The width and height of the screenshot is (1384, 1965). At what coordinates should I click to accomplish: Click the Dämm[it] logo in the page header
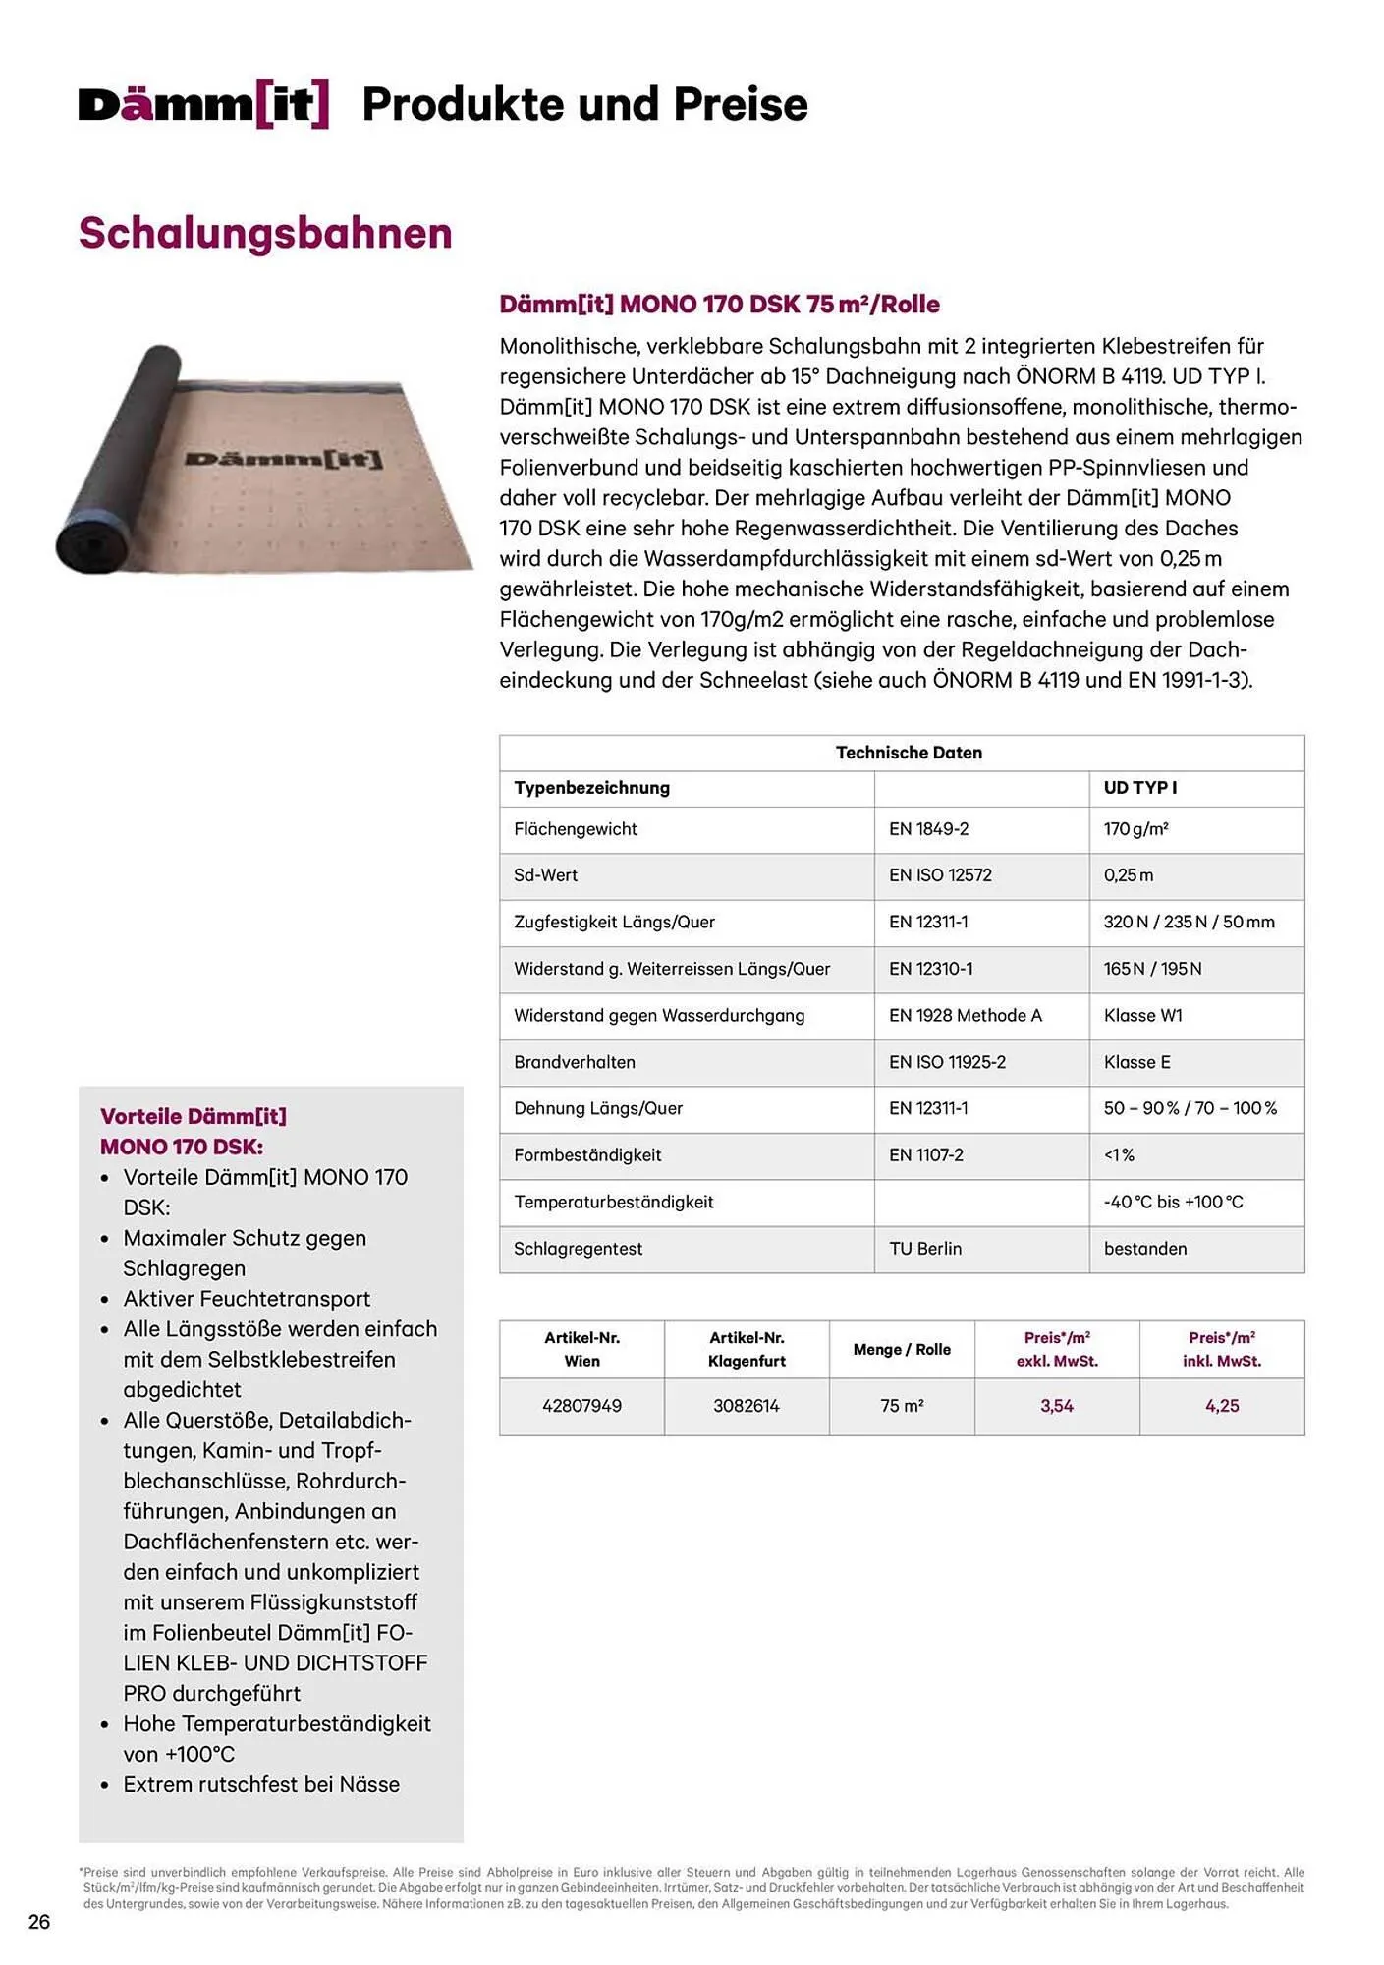(x=203, y=105)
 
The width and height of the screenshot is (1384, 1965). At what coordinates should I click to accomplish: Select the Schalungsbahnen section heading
(x=265, y=234)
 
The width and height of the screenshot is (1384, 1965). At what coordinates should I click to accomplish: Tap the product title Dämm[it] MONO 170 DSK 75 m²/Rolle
(x=719, y=305)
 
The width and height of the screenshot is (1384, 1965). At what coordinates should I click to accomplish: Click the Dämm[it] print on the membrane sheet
(x=284, y=459)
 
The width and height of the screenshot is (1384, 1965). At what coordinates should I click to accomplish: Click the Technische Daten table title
(x=909, y=753)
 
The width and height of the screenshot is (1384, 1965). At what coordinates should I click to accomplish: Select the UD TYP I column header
(x=1139, y=788)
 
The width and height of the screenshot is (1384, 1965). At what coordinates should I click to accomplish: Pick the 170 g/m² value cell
(x=1135, y=829)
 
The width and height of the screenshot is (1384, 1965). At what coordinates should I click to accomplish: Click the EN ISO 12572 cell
(x=940, y=875)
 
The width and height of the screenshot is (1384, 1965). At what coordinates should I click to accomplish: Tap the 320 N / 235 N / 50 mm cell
(x=1189, y=923)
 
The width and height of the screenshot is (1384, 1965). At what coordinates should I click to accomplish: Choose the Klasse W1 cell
(x=1142, y=1016)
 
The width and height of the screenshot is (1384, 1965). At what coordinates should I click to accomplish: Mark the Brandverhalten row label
(x=575, y=1062)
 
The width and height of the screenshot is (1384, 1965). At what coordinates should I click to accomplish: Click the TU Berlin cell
(x=925, y=1249)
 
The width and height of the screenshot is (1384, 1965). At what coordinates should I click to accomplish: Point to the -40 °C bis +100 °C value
(x=1173, y=1203)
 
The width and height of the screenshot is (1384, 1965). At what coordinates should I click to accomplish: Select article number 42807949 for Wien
(x=581, y=1406)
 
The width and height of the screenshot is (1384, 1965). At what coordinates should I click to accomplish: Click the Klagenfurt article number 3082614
(x=747, y=1406)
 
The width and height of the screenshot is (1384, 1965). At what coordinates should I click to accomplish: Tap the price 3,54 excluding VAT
(x=1057, y=1406)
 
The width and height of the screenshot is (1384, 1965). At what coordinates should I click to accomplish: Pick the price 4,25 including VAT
(x=1222, y=1406)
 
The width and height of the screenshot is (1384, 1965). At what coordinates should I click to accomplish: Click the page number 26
(x=39, y=1922)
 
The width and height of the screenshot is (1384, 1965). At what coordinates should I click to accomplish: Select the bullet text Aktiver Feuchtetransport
(x=247, y=1299)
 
